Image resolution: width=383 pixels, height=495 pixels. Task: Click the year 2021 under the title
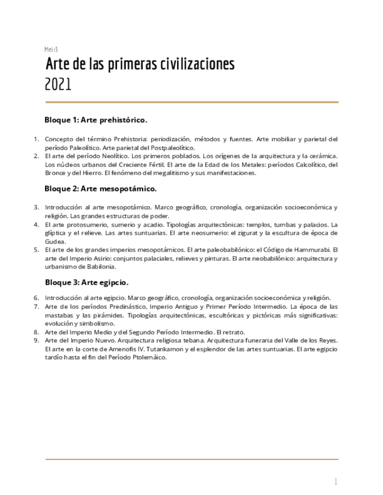58,85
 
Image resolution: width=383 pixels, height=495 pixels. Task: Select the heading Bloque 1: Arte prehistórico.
95,120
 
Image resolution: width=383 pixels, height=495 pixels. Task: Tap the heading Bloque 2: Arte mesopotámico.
100,189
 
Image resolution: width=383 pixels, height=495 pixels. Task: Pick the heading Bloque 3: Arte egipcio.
87,283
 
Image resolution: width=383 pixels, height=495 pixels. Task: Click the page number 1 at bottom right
336,482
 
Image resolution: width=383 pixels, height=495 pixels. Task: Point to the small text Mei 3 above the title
51,49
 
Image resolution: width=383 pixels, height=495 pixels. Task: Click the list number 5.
36,249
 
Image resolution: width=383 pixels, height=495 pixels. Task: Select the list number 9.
36,340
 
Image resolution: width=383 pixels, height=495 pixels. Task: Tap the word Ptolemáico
149,358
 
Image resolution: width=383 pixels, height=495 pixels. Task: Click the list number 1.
36,140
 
